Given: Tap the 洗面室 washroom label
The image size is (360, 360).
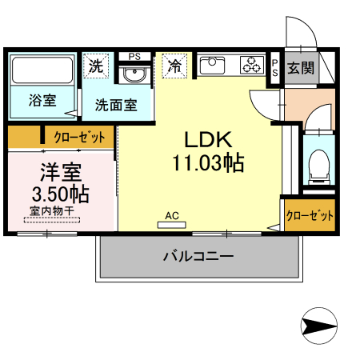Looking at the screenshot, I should (x=116, y=104).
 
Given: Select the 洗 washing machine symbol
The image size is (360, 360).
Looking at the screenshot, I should (x=96, y=66).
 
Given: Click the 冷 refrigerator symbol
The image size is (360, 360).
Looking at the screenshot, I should (x=174, y=66).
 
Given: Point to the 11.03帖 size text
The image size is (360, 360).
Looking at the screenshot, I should (x=207, y=163).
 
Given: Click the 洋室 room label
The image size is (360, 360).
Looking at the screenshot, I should (x=60, y=172).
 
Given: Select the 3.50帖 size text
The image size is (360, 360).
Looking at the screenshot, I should (x=60, y=194).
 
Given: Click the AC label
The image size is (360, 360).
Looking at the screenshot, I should (x=171, y=215).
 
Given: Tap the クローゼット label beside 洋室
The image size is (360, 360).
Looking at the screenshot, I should (x=78, y=138).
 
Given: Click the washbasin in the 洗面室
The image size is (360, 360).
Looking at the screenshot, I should (x=134, y=77).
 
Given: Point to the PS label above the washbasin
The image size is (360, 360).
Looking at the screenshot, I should (x=134, y=56).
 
